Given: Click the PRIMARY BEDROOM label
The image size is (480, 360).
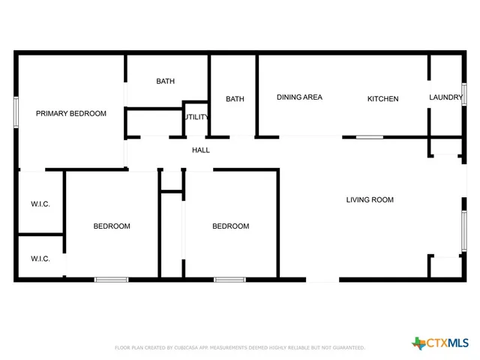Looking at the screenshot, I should coord(71,114).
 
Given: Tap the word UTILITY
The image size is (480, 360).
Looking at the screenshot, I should coord(197,118).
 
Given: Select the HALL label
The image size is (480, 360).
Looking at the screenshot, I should coord(201,151).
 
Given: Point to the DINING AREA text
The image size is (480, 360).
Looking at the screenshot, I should coord(299,97).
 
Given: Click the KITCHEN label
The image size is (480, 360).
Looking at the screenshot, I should coord(382,99).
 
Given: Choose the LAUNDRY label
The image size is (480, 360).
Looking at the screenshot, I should coord(445,97).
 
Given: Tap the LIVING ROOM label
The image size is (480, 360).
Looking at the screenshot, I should coord(370,200).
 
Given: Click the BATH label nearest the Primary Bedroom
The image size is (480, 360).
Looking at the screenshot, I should coord(166,82).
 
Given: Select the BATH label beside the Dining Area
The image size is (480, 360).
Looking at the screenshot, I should coord(235,99).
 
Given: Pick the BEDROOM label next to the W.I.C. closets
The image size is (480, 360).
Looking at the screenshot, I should coord(112,226).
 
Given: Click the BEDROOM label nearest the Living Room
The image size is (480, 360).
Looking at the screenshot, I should coord(230,226).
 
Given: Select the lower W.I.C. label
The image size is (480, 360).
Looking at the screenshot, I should coord(40,259).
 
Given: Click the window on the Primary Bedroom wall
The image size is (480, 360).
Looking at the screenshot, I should coord(16,112).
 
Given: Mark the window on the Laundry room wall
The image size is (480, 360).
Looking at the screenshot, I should coord(464,94).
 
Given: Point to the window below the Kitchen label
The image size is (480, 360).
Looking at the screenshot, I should coord(369,137).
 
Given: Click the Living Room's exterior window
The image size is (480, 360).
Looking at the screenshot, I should coord(464,230).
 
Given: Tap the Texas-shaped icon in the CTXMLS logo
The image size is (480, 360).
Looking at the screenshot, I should coord(418,343).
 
